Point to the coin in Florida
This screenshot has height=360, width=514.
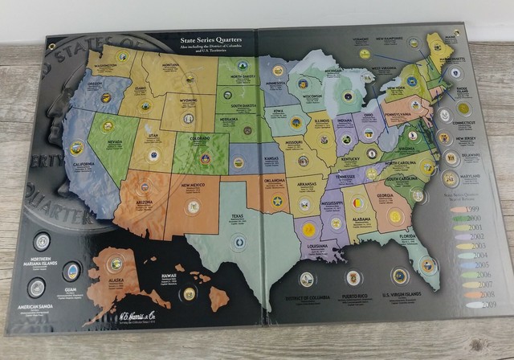[x=428, y=264]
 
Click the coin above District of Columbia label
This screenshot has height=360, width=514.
[x=307, y=278]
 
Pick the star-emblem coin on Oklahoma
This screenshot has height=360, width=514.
[x=277, y=200]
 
